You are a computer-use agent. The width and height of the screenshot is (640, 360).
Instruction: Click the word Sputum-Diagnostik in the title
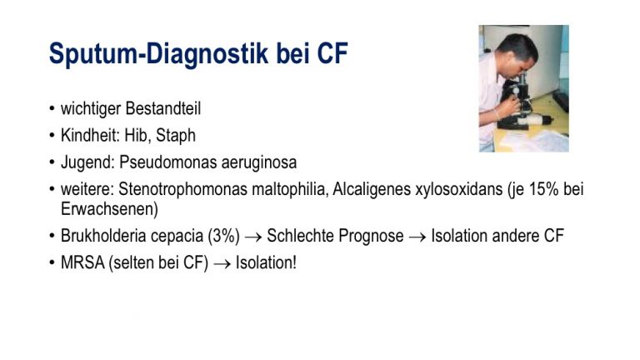158,54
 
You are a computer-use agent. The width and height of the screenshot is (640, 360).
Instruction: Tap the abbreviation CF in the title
332,53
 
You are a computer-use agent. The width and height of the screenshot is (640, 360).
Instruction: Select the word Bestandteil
163,108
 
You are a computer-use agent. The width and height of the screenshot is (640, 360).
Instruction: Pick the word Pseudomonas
167,162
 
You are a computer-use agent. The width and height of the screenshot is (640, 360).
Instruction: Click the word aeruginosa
259,163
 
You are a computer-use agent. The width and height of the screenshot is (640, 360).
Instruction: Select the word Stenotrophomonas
182,189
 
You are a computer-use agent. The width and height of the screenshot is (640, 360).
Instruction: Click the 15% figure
543,189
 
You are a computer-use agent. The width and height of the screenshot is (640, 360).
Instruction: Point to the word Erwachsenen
109,209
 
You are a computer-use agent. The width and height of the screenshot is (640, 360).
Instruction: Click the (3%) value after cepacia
223,236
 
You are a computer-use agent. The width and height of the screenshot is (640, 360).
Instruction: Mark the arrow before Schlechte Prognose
253,237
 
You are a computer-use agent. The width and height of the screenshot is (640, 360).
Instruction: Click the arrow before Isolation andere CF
417,237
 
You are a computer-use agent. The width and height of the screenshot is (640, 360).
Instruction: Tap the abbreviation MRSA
82,262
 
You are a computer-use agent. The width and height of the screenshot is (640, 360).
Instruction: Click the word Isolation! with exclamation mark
266,262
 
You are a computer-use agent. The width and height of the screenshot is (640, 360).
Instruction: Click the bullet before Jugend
52,162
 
